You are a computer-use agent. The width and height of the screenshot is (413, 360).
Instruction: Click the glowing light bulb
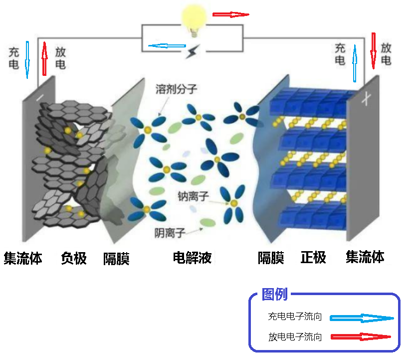tap(194, 20)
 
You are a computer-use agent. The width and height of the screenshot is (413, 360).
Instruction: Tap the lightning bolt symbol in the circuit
tap(193, 51)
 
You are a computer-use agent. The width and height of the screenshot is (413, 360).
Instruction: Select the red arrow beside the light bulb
tap(231, 14)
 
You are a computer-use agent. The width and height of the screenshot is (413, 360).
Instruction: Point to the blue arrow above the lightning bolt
tap(167, 46)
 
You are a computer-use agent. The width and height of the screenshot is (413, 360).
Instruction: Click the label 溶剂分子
tap(176, 89)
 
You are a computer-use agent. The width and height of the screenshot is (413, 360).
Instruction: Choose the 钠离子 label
tap(193, 196)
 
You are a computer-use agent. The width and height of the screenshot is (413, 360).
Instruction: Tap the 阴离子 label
tap(170, 233)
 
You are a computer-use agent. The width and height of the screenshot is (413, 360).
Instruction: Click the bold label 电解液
tap(192, 258)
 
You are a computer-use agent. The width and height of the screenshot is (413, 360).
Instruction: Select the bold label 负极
tap(74, 258)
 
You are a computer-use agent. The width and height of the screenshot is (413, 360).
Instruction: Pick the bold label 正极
tap(313, 258)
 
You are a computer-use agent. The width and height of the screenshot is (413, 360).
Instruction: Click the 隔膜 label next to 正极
tap(271, 258)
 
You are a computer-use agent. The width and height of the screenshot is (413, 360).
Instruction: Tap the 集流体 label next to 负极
tap(23, 258)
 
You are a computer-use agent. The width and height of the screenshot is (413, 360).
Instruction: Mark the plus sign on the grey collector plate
tap(367, 99)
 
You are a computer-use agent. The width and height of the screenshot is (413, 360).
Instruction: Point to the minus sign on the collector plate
tap(40, 98)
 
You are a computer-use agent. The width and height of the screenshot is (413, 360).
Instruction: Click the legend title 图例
tap(274, 294)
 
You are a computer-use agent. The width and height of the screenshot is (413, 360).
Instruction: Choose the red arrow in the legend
tap(361, 337)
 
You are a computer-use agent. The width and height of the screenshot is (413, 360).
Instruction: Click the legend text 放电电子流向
tap(295, 337)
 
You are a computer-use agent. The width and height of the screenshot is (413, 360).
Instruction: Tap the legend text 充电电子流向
tap(295, 316)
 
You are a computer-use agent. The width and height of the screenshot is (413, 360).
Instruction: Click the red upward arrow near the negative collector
tap(45, 59)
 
